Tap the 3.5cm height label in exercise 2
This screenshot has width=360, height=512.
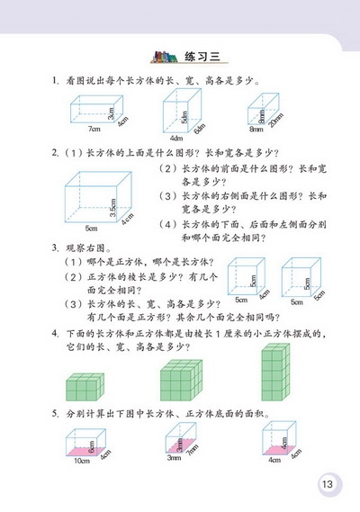(113, 210)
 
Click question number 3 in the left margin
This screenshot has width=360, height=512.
(55, 247)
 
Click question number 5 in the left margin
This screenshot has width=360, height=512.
(55, 418)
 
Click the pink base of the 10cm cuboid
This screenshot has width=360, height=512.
(82, 449)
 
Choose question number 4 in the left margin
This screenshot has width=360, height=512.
(55, 332)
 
